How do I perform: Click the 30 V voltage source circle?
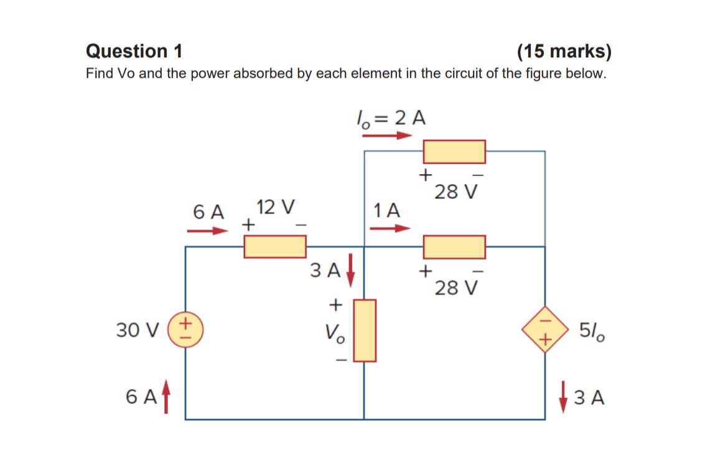186,331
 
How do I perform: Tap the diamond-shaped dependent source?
545,329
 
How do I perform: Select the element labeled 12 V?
274,247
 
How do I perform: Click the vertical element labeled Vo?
365,330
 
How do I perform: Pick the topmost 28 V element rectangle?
454,151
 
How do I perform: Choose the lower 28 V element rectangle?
454,247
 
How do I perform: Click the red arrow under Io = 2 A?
387,134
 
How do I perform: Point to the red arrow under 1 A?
390,228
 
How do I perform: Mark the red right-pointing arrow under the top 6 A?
208,231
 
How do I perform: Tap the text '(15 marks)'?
564,51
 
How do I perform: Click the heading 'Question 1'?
134,51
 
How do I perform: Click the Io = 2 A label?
390,118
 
